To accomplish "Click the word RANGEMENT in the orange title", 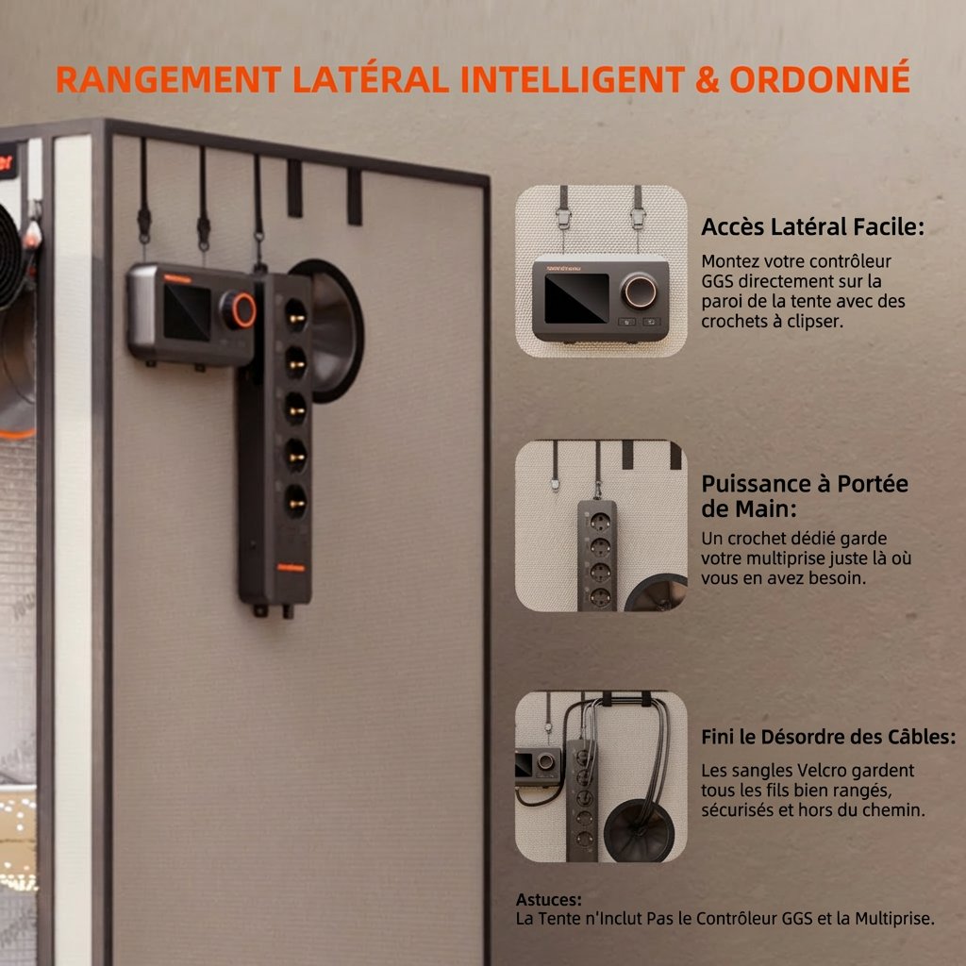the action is point(168,79).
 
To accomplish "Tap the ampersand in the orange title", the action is point(708,79).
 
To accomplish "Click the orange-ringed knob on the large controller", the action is point(238,309).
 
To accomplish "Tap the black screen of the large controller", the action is point(186,311).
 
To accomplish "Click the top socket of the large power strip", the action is point(295,315).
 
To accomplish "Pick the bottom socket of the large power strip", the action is point(295,501).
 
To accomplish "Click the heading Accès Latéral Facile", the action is point(812,226).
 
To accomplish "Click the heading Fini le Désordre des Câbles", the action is point(828,737).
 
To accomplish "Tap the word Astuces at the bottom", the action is point(548,900).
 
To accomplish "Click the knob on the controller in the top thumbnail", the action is point(639,291).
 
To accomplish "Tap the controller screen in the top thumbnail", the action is point(576,299).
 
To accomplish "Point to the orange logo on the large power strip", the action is point(291,567).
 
